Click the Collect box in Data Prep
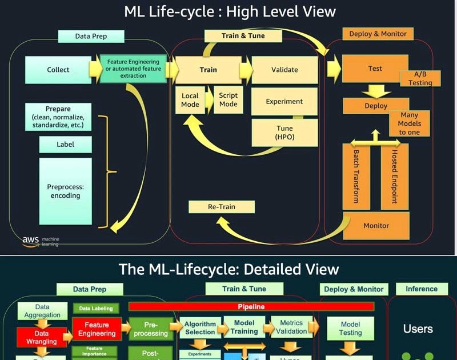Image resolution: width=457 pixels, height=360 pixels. (x=58, y=70)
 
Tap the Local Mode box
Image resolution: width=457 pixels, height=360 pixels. (x=190, y=100)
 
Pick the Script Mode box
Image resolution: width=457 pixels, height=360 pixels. (x=228, y=100)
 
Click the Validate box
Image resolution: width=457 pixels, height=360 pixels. (x=284, y=70)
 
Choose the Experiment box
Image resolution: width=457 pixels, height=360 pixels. (x=284, y=102)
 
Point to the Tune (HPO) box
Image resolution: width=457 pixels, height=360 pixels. (x=284, y=133)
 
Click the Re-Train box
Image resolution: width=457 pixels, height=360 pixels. (x=221, y=206)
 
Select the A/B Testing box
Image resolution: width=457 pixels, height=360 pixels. (x=420, y=79)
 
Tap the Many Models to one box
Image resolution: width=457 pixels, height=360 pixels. (x=410, y=123)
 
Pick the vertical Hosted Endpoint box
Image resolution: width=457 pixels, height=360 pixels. (x=394, y=176)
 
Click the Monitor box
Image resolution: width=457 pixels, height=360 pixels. (x=376, y=226)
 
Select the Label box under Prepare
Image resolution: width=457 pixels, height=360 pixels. (x=65, y=145)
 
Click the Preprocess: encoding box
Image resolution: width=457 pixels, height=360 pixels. (x=65, y=191)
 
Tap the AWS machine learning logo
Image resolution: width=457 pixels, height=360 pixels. (x=40, y=241)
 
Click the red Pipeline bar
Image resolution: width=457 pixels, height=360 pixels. (x=251, y=307)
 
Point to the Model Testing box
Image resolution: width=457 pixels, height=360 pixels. (x=350, y=328)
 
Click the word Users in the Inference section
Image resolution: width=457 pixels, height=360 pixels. (x=418, y=329)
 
